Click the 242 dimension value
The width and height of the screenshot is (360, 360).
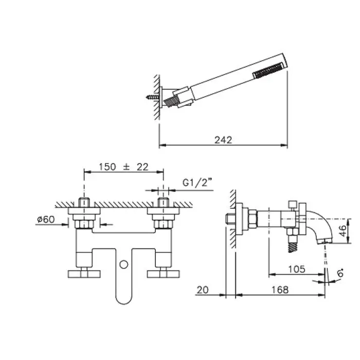[223, 140]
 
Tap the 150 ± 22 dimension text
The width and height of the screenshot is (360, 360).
[123, 167]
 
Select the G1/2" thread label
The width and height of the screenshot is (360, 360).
[197, 183]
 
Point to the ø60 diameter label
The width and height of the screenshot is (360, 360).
[46, 220]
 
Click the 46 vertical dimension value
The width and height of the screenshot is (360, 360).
[343, 230]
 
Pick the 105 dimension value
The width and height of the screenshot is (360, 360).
[297, 269]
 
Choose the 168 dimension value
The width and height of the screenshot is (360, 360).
[280, 290]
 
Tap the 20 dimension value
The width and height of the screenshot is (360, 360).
[203, 290]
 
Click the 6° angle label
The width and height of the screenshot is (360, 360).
[340, 273]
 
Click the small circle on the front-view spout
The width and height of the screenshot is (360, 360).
[124, 264]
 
